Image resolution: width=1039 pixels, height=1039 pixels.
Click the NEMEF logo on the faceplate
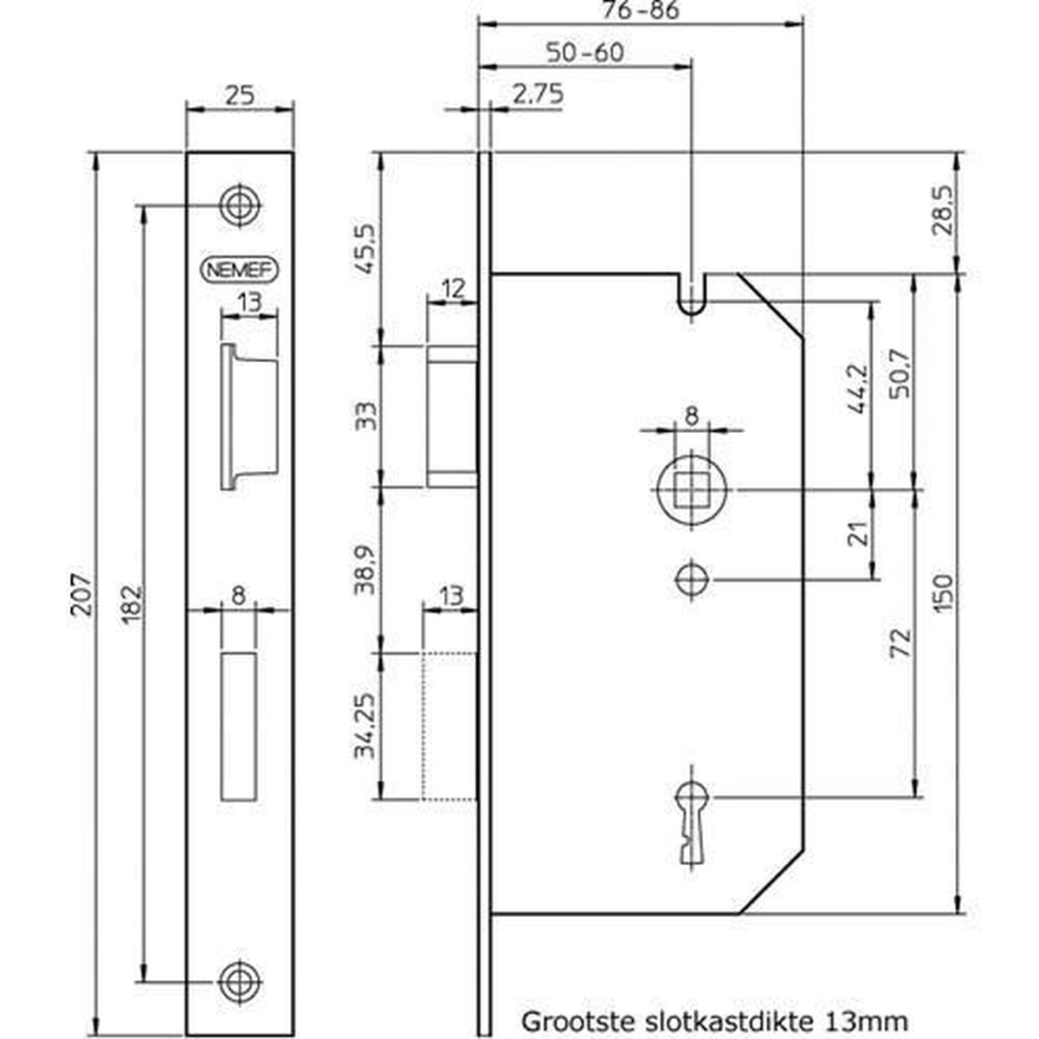click(239, 270)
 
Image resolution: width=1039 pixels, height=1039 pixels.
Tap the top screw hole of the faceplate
click(240, 205)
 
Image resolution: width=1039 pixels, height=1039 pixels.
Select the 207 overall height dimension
click(81, 594)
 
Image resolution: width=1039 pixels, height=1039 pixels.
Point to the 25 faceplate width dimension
click(240, 95)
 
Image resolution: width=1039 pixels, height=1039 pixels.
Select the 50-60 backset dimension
click(585, 52)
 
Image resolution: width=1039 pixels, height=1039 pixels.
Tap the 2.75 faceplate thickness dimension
click(537, 94)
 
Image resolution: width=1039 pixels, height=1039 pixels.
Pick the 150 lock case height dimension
click(945, 594)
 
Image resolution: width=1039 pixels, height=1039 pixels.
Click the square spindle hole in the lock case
click(690, 489)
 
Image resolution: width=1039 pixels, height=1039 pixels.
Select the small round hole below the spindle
click(691, 578)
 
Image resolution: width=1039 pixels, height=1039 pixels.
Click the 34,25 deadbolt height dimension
click(366, 726)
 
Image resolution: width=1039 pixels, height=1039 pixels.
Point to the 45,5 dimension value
click(366, 249)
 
